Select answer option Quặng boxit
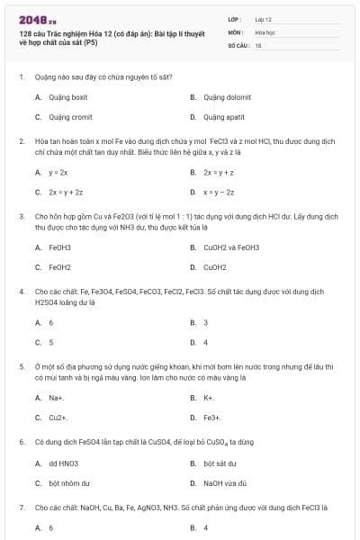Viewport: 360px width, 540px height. pos(67,96)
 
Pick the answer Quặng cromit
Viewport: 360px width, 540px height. pos(67,117)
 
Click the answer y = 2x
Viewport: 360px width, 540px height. pos(58,172)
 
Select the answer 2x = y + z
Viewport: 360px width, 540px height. pos(219,172)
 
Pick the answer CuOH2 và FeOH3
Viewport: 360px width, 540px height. pos(231,247)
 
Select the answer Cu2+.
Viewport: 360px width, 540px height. pos(58,418)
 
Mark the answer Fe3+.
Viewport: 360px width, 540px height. pos(212,418)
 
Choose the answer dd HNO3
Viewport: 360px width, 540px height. pos(64,463)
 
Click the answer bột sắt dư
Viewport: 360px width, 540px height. pos(220,463)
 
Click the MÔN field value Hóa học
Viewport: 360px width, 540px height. pos(264,31)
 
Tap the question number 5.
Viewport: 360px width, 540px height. pos(21,366)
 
